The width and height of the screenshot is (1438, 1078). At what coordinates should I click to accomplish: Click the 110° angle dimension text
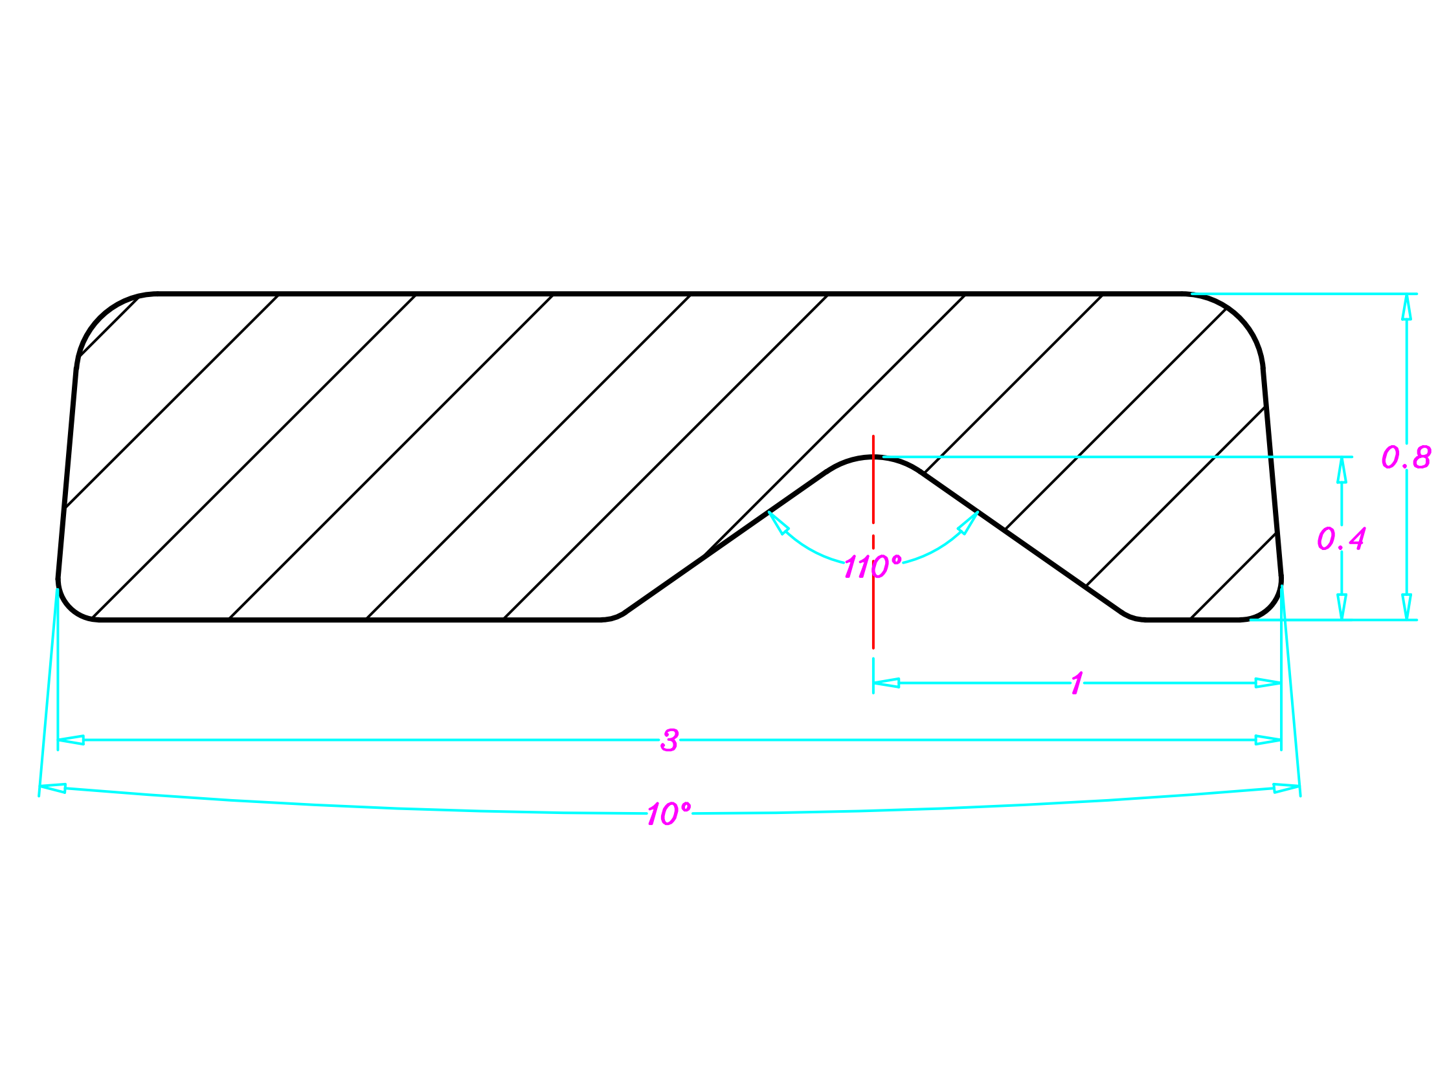(872, 567)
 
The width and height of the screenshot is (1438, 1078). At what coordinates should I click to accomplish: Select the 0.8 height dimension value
(1406, 457)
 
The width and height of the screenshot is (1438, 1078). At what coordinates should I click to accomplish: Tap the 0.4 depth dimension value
(1341, 538)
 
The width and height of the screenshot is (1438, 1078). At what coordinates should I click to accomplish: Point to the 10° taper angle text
(668, 814)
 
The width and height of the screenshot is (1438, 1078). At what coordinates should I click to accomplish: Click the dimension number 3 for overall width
(669, 740)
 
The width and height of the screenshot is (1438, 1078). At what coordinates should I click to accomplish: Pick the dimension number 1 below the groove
(1077, 683)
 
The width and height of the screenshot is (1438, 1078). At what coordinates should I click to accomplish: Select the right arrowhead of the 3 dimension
(1268, 740)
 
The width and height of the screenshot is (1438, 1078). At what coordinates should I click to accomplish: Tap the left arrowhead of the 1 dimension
(886, 683)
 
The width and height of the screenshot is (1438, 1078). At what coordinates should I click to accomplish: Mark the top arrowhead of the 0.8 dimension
(1407, 307)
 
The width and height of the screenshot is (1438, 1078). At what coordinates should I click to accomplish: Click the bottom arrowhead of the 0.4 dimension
(1342, 607)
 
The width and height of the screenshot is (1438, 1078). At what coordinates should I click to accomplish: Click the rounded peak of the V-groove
(873, 457)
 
